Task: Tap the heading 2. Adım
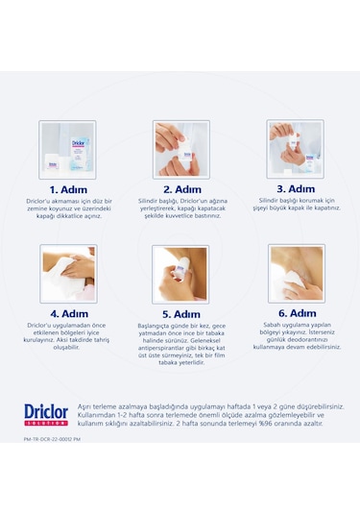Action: [x=180, y=189]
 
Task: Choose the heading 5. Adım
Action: [x=180, y=313]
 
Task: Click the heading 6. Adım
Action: [x=295, y=312]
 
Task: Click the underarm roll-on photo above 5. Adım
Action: [x=180, y=273]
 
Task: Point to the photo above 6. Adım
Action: [x=295, y=273]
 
